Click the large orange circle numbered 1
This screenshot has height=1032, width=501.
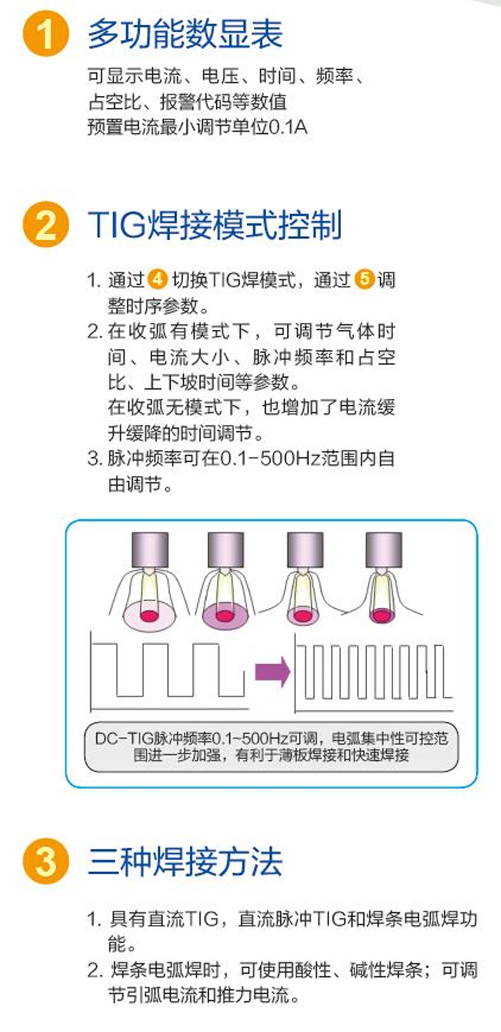pos(46,34)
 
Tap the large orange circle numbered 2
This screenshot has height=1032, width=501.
pos(46,225)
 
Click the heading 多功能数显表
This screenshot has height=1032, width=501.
pos(185,34)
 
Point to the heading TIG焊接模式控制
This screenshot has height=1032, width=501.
pos(214,225)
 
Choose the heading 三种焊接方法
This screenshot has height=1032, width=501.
pos(185,862)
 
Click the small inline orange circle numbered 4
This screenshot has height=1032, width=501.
pos(157,280)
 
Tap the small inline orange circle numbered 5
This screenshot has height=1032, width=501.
pos(364,280)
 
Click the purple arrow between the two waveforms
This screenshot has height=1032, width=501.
pos(273,672)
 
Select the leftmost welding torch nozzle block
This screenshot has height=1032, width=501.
pos(150,550)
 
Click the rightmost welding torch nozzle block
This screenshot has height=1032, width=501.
pos(384,550)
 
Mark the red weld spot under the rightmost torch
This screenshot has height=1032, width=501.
pos(382,615)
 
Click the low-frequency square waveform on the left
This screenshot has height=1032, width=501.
pos(168,670)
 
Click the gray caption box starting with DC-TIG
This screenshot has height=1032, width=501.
pos(271,747)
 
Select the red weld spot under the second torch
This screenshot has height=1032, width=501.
pos(224,616)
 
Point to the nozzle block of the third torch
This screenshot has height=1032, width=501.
pos(305,550)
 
